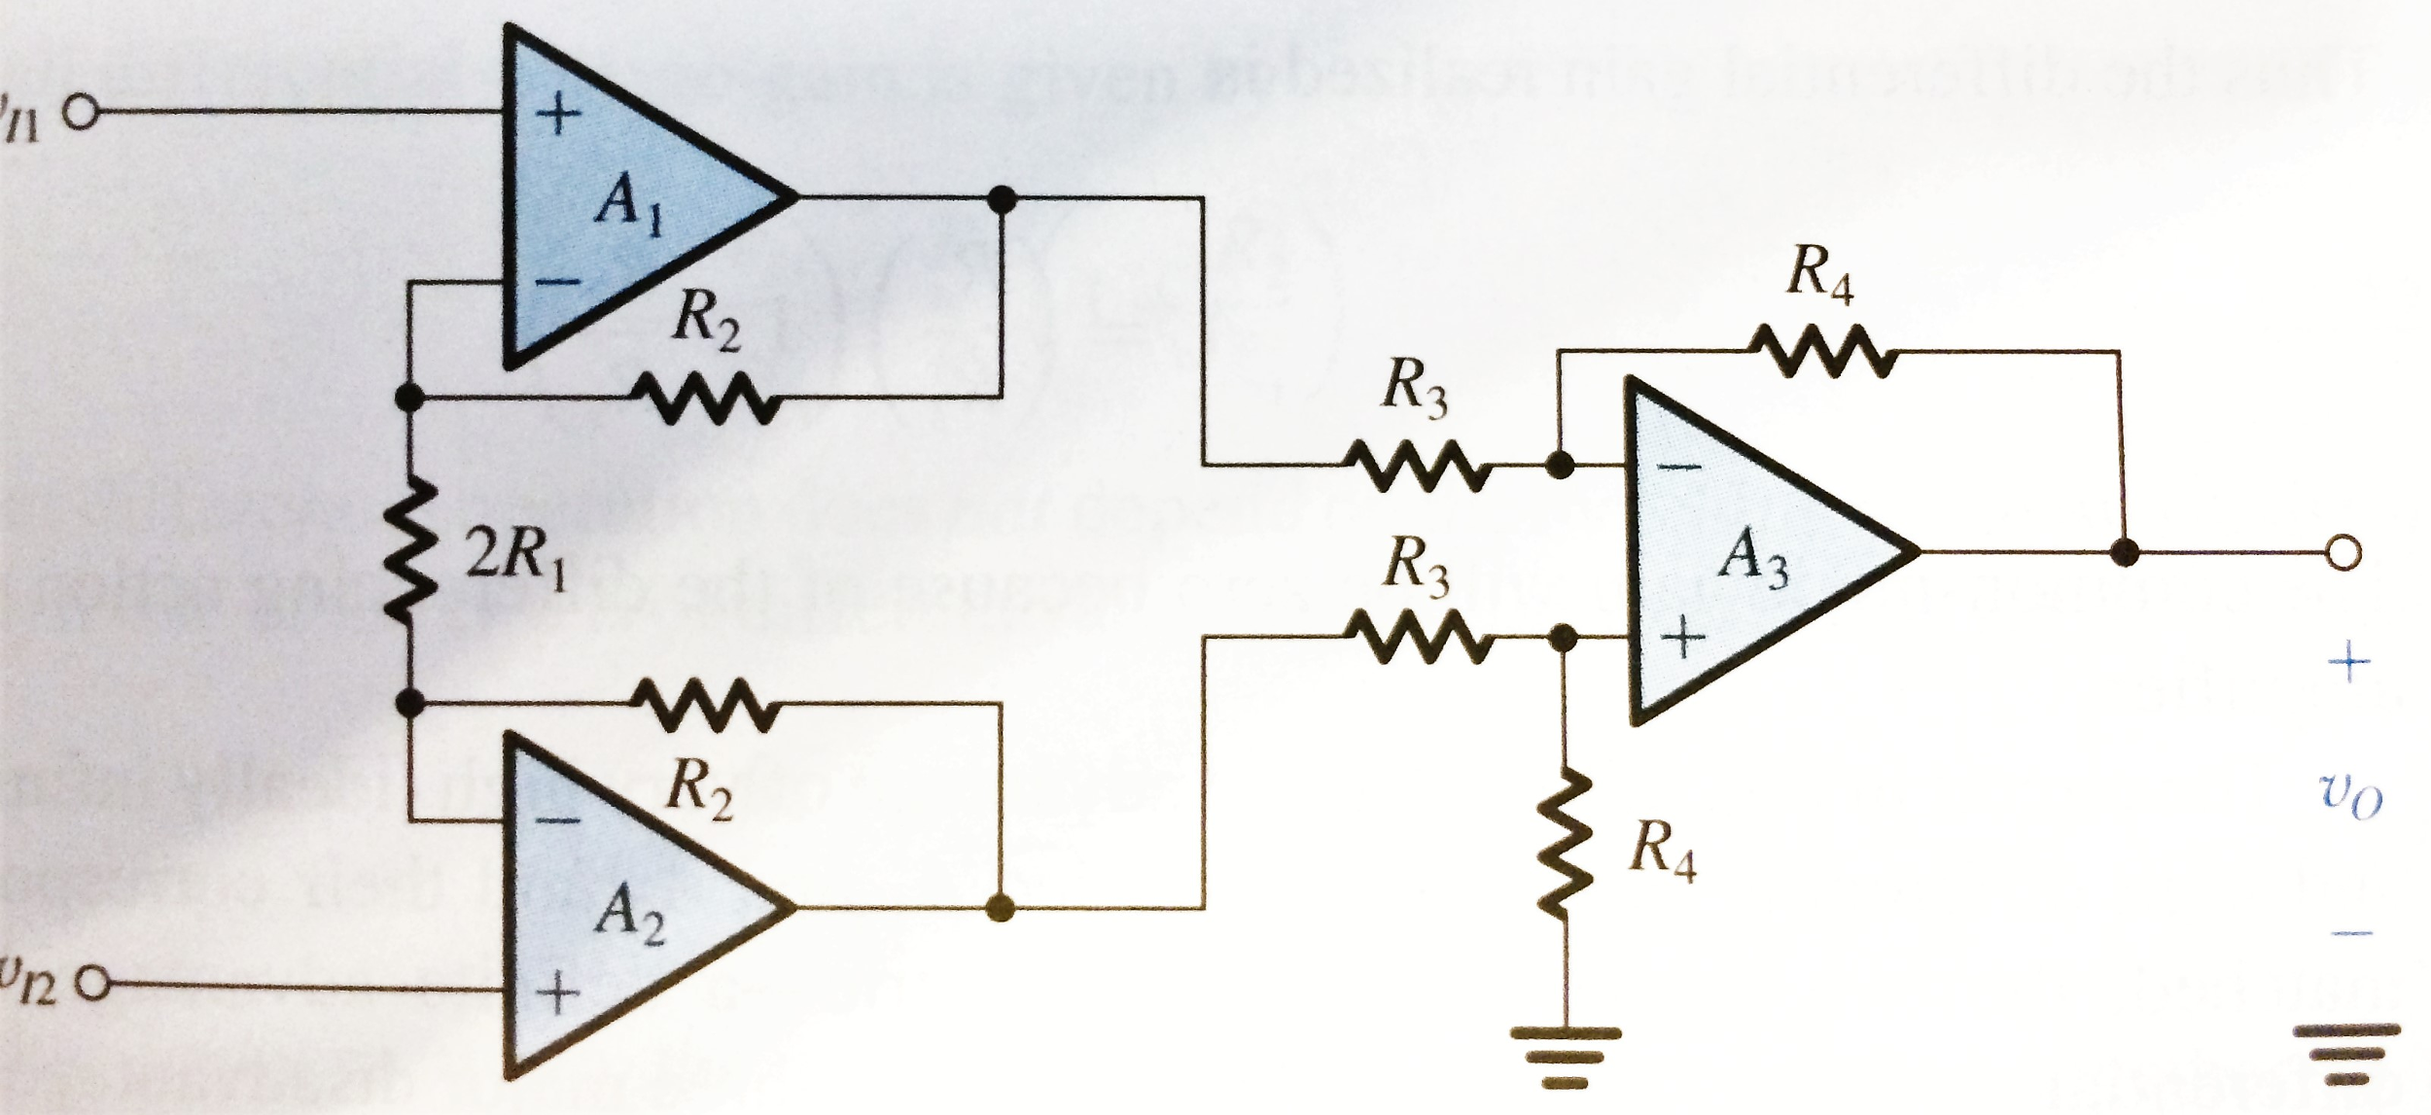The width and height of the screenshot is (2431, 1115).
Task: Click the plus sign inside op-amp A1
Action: pyautogui.click(x=558, y=118)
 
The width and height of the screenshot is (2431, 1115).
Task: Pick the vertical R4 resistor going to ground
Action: pyautogui.click(x=1564, y=845)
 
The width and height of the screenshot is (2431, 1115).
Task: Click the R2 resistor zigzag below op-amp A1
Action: pyautogui.click(x=704, y=399)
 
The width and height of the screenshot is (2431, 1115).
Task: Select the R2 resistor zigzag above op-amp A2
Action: pyautogui.click(x=704, y=704)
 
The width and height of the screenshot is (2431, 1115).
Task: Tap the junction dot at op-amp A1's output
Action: pyautogui.click(x=1001, y=199)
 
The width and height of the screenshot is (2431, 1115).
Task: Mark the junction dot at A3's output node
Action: pyautogui.click(x=2126, y=553)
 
